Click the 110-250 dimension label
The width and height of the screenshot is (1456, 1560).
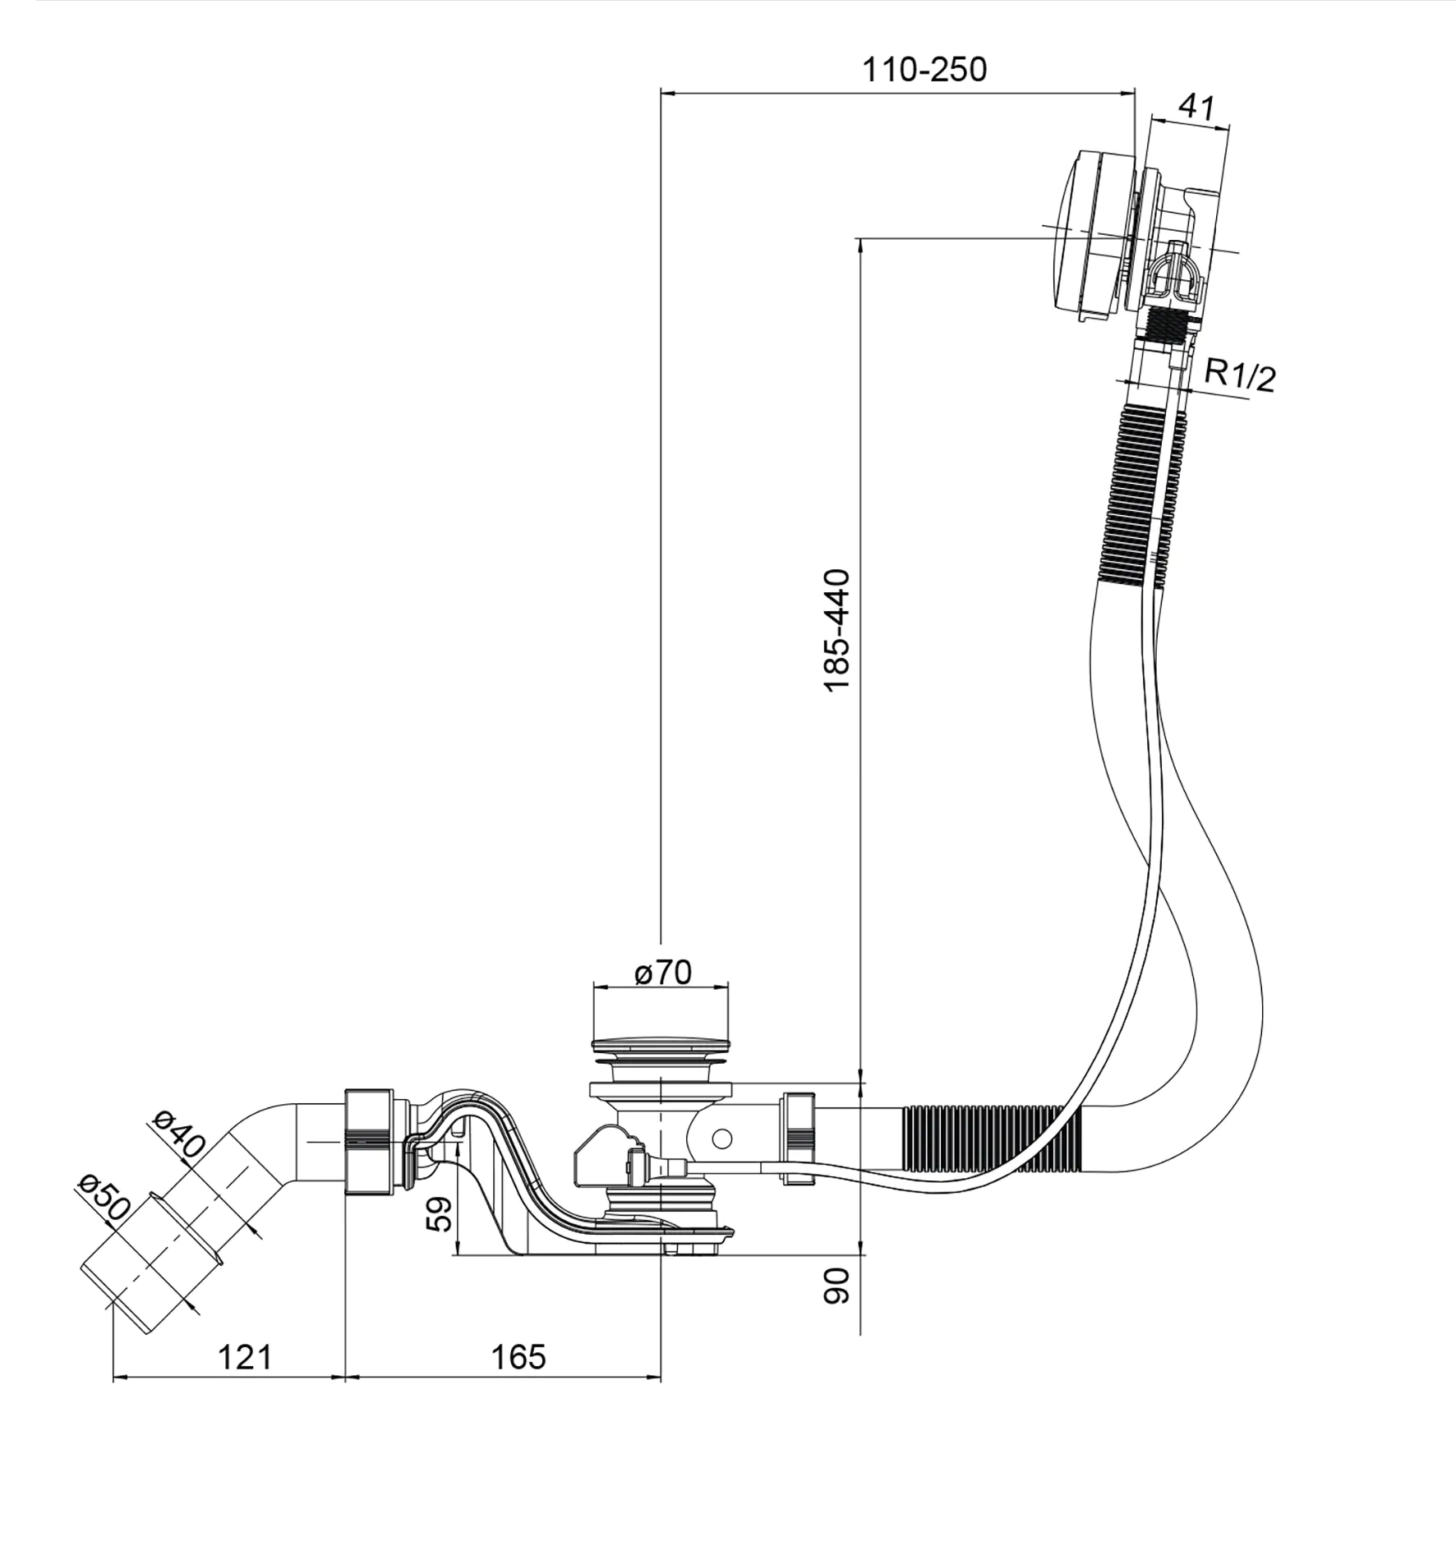[x=924, y=71]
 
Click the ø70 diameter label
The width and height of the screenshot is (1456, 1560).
[x=662, y=973]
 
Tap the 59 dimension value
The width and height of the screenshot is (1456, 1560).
[x=440, y=1213]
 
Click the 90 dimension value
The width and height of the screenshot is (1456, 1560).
[x=836, y=1285]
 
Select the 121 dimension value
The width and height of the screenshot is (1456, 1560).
[x=244, y=1357]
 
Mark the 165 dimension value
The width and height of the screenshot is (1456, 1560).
[x=518, y=1357]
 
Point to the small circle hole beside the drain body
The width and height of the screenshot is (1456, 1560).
[x=721, y=1138]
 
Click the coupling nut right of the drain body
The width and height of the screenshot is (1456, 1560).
[x=796, y=1137]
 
